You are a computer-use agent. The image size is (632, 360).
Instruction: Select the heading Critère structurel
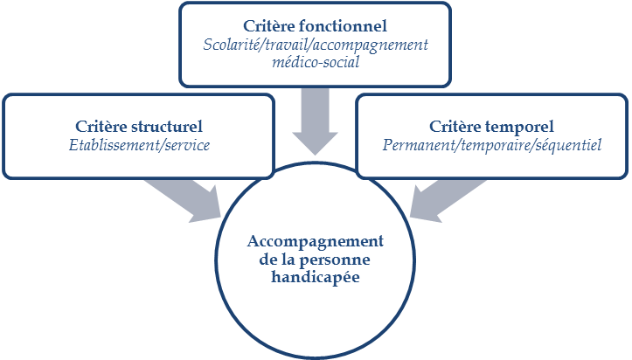pos(139,127)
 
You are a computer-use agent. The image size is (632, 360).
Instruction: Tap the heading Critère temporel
pos(492,127)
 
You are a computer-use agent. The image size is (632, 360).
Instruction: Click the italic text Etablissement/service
pos(139,145)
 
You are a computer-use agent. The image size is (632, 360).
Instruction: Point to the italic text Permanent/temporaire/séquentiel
pos(492,145)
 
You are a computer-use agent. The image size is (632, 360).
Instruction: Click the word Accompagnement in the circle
pos(316,241)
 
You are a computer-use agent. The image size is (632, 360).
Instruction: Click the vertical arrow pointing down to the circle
pos(315,122)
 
